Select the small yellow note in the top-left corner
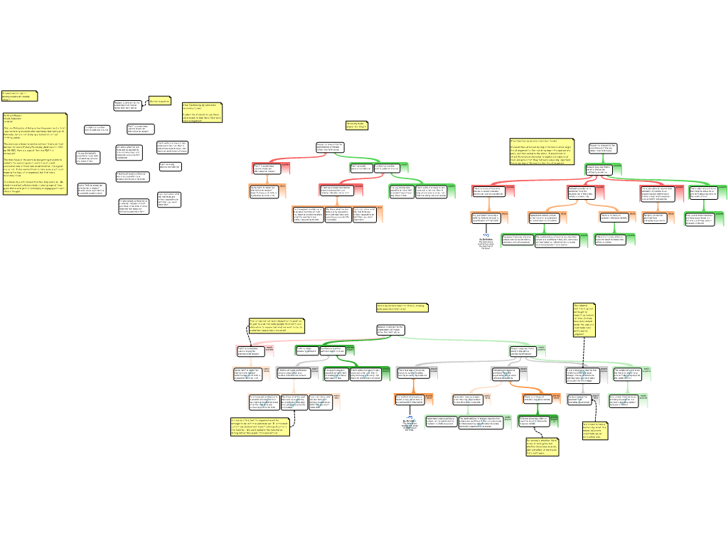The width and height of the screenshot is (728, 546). pyautogui.click(x=19, y=96)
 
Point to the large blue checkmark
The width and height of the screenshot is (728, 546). pyautogui.click(x=409, y=424)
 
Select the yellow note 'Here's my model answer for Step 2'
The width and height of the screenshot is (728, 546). pyautogui.click(x=402, y=308)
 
